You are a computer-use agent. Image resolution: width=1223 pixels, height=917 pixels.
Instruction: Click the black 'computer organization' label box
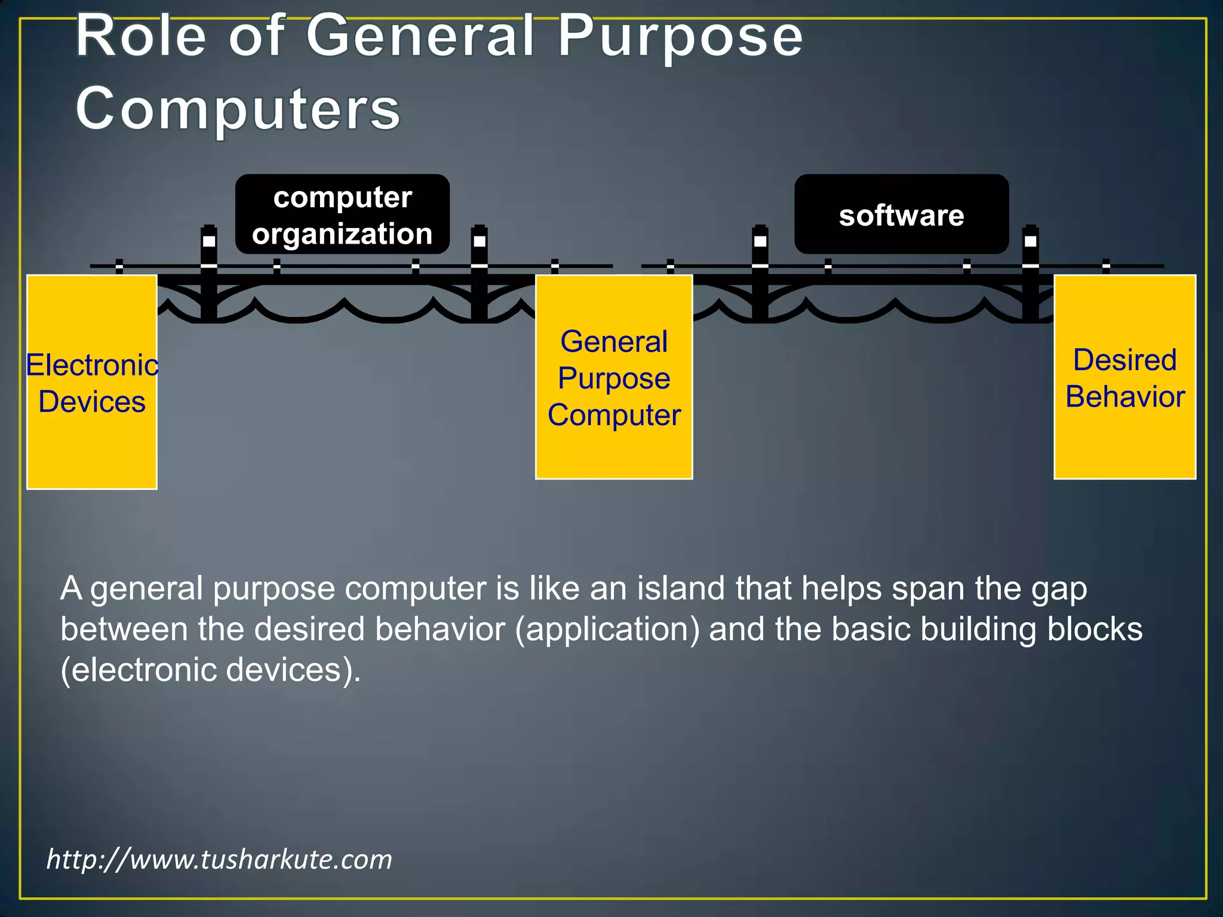click(342, 214)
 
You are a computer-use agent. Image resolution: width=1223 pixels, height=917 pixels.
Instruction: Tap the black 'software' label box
click(901, 214)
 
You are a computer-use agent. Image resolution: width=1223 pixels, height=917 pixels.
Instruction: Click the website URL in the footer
click(219, 859)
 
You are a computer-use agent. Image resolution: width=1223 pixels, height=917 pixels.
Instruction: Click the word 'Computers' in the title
click(238, 108)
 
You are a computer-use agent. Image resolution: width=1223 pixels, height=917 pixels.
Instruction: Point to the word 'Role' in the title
click(141, 37)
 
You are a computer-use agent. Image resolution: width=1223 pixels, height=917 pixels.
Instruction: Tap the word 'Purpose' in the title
click(680, 37)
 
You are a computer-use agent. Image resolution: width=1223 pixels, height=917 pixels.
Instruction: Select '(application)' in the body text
click(607, 629)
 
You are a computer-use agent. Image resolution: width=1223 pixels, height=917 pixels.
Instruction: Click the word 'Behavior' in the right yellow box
click(1125, 397)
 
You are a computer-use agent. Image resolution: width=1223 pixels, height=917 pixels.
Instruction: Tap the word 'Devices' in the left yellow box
click(92, 402)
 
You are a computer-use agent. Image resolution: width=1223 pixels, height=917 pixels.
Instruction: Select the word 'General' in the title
click(420, 37)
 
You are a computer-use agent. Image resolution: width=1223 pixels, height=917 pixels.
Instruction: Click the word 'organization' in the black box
click(342, 233)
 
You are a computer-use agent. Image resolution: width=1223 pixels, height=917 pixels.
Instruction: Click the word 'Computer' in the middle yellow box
click(614, 415)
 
